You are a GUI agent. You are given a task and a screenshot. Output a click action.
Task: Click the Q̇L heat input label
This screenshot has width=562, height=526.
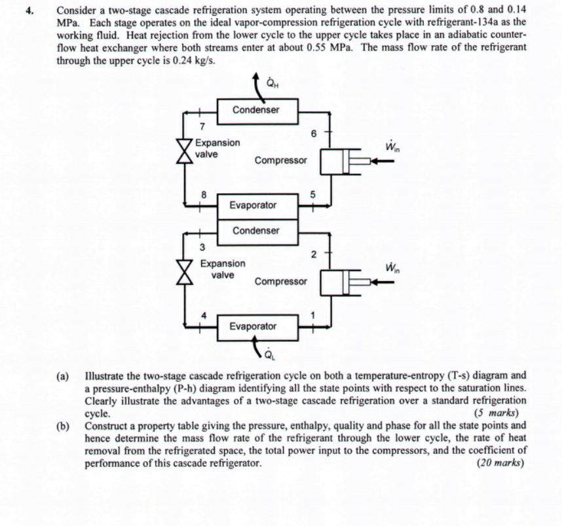(x=269, y=356)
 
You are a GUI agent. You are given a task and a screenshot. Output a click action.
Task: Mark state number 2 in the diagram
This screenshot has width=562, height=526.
(x=314, y=253)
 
